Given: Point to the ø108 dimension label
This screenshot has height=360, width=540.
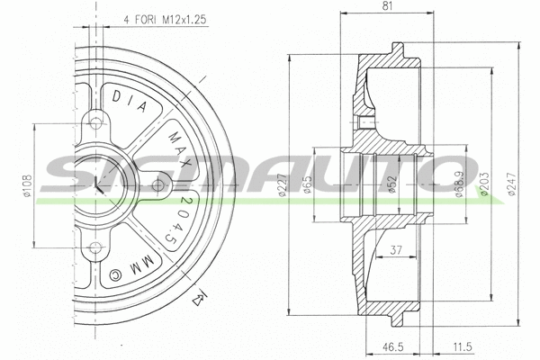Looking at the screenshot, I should tap(27, 186).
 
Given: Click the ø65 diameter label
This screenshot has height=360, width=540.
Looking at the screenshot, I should tap(307, 184).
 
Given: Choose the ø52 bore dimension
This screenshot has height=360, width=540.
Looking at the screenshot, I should tap(393, 185).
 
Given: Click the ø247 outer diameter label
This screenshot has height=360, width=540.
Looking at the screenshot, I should tap(511, 185).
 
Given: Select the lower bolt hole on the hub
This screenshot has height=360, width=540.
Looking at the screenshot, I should tap(94, 249).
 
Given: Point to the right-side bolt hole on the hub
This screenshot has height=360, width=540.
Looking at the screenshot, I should tap(157, 186).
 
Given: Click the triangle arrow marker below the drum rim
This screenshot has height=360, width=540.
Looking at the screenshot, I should tap(202, 294).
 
